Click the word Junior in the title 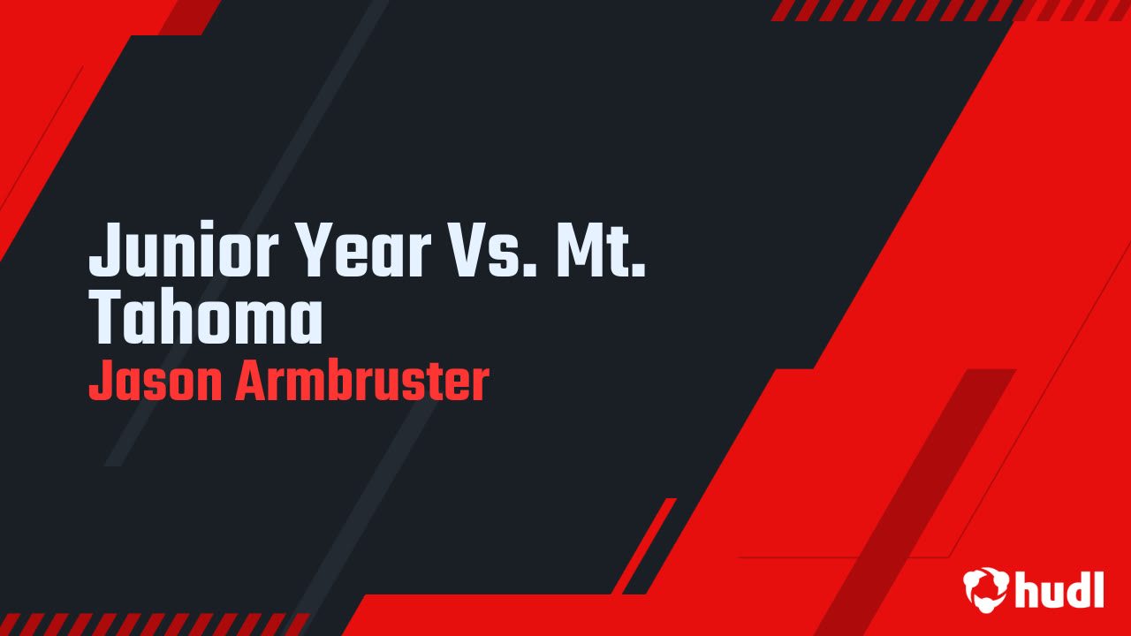(x=184, y=249)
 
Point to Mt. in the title (x=601, y=250)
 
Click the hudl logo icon (x=985, y=589)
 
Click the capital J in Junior (x=104, y=250)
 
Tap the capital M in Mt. (x=579, y=250)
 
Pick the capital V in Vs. (x=468, y=250)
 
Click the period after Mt (x=640, y=270)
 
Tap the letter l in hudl (x=1099, y=589)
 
